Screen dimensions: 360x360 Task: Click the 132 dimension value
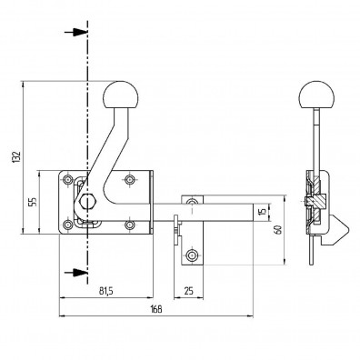[x=16, y=157]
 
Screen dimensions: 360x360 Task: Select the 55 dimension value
[x=33, y=202]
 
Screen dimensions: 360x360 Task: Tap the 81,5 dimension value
[x=105, y=291]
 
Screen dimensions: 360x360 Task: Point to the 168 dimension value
[x=156, y=309]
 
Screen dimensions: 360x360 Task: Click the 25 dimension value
[x=188, y=291]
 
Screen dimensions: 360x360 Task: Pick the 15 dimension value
[x=263, y=212]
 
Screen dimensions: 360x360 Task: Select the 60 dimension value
[x=278, y=230]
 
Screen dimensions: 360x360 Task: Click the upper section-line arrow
[x=76, y=32]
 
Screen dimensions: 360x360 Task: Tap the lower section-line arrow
[x=76, y=273]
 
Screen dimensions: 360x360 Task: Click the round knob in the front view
[x=121, y=95]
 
